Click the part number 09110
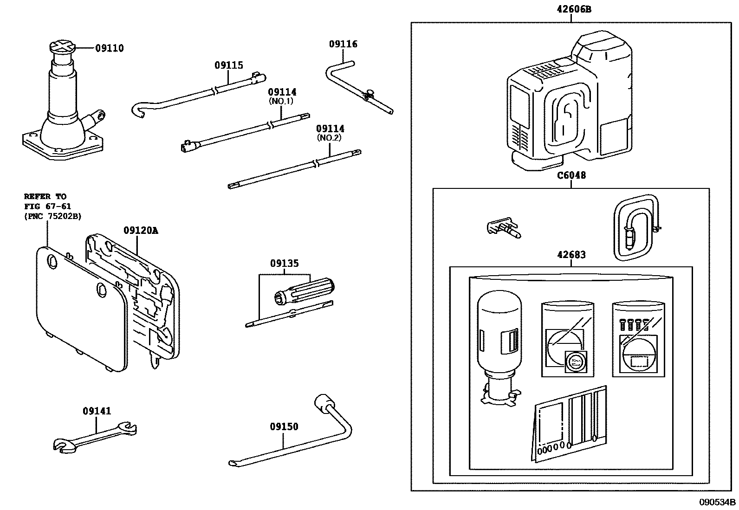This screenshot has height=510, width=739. tap(110, 48)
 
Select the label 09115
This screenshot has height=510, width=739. tap(228, 65)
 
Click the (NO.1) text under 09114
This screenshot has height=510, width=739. tap(282, 101)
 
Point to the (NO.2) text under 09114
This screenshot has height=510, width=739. tap(330, 138)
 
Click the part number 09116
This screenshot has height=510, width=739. tap(343, 44)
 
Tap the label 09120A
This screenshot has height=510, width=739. tap(141, 231)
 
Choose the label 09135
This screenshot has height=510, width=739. tap(285, 264)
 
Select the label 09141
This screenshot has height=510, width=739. tap(97, 411)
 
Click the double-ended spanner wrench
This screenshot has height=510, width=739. tap(95, 438)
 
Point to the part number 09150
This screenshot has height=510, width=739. tap(284, 427)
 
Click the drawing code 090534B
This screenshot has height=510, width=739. tap(718, 502)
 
